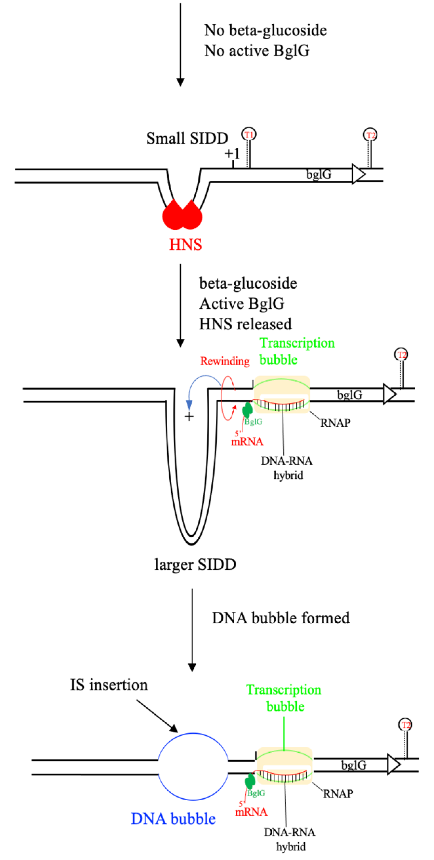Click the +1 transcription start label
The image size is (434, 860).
pyautogui.click(x=232, y=154)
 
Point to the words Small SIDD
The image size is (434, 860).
pyautogui.click(x=187, y=138)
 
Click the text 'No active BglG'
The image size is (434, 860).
pyautogui.click(x=256, y=51)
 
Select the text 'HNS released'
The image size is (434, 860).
pyautogui.click(x=245, y=324)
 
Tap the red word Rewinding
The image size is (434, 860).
pyautogui.click(x=225, y=361)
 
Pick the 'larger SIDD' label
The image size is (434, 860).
pyautogui.click(x=195, y=564)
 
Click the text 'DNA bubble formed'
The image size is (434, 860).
pyautogui.click(x=281, y=618)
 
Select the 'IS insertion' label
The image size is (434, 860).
pyautogui.click(x=109, y=685)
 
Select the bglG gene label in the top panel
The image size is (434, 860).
pyautogui.click(x=319, y=174)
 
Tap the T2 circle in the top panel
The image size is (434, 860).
pyautogui.click(x=370, y=135)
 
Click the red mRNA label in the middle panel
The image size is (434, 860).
pyautogui.click(x=247, y=442)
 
